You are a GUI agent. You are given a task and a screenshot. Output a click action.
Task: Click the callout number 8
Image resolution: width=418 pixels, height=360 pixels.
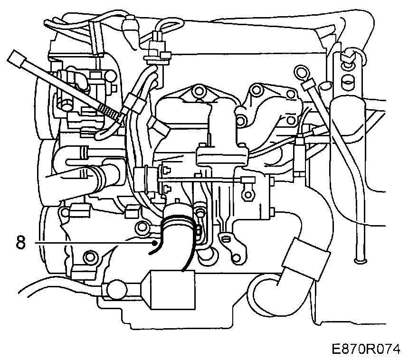click(20, 242)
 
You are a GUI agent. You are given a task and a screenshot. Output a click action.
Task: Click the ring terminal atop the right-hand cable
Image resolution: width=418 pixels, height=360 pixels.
click(301, 73)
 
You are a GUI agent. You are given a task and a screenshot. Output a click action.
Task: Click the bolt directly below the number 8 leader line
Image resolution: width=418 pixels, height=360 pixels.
click(89, 258)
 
